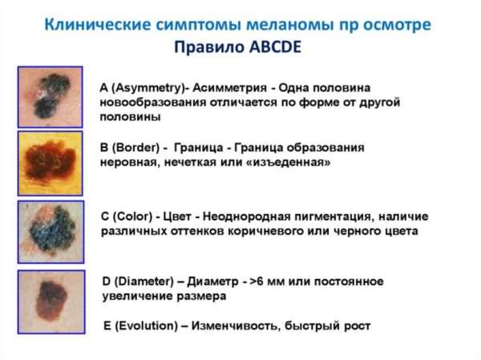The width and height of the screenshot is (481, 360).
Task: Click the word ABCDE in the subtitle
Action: point(276,47)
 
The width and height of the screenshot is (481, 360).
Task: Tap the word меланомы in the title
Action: point(289,25)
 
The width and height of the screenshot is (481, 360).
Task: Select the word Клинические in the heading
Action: point(98,25)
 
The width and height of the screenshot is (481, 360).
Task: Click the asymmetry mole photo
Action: point(50,97)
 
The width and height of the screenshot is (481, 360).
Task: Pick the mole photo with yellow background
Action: point(50,164)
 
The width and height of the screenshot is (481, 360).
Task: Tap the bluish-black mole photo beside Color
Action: point(51,232)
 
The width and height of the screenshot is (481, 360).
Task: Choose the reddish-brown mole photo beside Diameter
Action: point(51,301)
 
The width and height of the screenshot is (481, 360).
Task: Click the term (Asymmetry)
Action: point(148,88)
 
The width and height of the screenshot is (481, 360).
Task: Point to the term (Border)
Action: point(135,148)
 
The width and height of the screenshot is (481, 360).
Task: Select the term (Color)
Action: point(132,216)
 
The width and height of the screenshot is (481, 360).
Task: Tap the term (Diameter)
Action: point(143,281)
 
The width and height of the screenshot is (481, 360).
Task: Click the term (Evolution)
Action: point(146,326)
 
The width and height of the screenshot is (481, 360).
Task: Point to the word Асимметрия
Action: point(230,88)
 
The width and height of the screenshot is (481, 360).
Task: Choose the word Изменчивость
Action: point(236,326)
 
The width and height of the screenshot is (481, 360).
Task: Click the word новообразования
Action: point(153,102)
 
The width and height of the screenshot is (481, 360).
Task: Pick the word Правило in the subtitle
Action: point(209,47)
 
